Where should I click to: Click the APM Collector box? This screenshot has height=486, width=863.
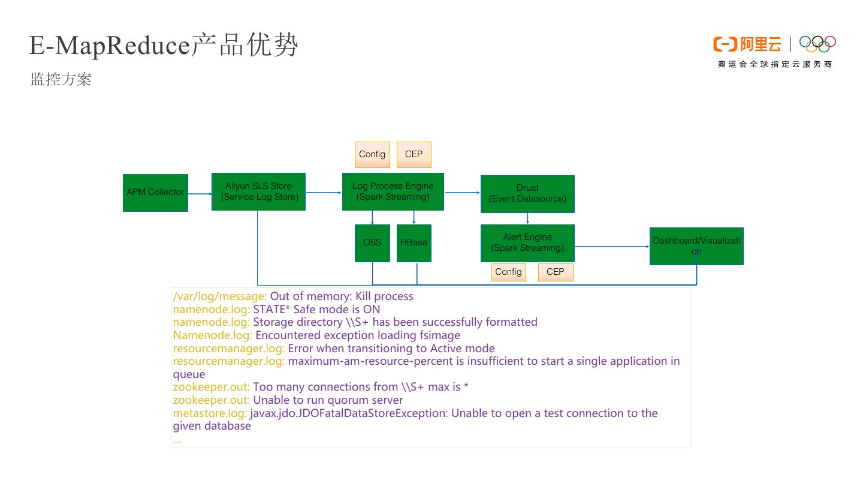[155, 193]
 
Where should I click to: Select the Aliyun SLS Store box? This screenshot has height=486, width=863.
[258, 192]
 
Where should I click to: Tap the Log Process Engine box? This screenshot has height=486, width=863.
[393, 192]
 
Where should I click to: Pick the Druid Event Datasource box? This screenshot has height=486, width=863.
[527, 194]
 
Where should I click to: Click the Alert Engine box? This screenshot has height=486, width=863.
[527, 243]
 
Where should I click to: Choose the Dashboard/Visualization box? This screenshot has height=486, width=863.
[696, 246]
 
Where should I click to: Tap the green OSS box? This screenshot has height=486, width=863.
[372, 243]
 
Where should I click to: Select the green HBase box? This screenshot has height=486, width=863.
[414, 243]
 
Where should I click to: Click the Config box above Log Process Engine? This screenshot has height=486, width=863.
[372, 155]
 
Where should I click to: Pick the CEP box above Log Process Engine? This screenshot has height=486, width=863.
[414, 155]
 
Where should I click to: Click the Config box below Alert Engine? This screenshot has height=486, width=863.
[508, 272]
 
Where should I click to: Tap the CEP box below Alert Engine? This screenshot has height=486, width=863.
[556, 272]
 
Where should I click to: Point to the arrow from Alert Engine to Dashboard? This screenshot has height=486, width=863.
[611, 246]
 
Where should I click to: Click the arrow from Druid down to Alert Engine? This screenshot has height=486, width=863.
[527, 218]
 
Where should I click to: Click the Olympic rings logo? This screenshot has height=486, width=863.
[817, 44]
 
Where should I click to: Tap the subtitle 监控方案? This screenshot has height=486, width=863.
[61, 80]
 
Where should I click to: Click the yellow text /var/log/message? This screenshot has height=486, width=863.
[220, 296]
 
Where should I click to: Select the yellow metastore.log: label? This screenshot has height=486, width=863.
[210, 413]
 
